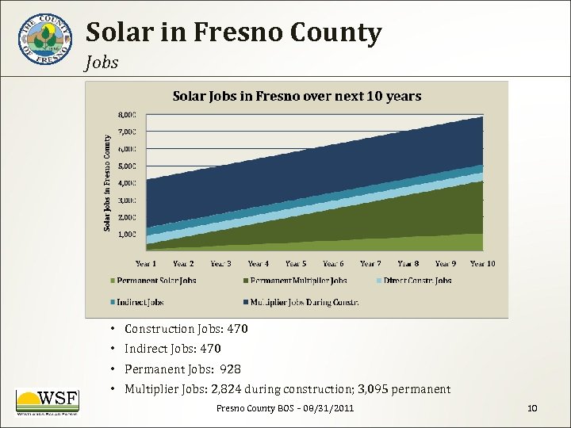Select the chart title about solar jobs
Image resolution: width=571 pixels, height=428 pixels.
tap(297, 96)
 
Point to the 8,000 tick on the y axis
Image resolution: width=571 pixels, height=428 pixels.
tap(127, 114)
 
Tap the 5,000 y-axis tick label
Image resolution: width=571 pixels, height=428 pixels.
tap(127, 166)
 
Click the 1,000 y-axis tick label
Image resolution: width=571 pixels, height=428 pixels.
tap(127, 235)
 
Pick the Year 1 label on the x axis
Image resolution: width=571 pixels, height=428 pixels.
tap(146, 264)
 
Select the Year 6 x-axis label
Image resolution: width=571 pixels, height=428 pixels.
tap(333, 264)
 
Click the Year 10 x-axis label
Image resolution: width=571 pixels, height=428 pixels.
tap(482, 264)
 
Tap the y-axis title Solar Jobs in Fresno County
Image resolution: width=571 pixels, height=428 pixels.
tap(108, 182)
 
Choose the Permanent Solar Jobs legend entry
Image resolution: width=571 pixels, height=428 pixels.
tap(156, 281)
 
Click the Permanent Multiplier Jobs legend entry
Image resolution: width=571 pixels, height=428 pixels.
tap(299, 281)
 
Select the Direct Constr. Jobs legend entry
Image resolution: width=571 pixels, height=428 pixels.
tap(417, 281)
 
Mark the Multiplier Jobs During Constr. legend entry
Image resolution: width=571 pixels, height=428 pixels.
tap(305, 302)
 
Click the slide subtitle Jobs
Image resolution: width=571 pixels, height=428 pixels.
tap(102, 63)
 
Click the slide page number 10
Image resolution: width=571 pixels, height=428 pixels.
tap(532, 408)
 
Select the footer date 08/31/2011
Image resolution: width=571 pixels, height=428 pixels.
tap(325, 408)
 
